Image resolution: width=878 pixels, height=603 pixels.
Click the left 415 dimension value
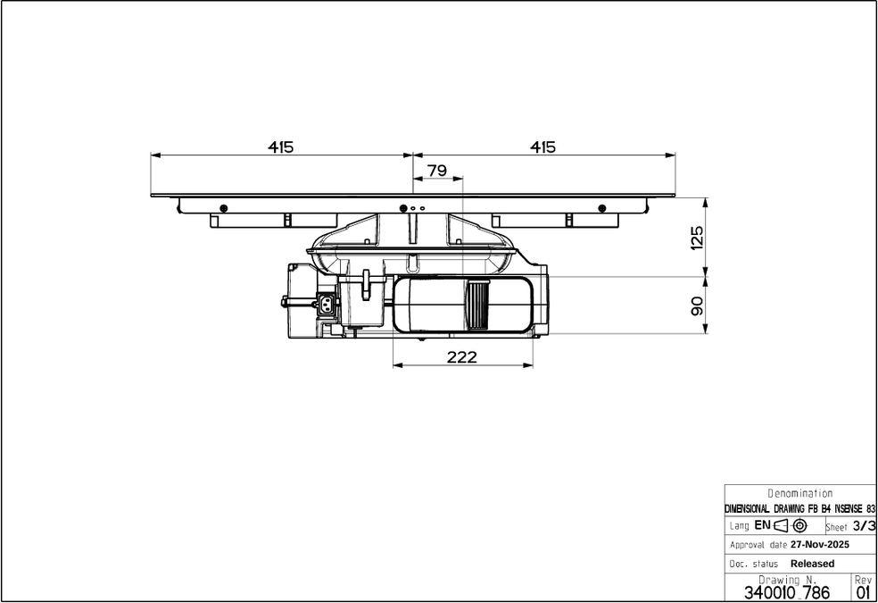(280, 147)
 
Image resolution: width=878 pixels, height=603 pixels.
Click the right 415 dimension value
(543, 147)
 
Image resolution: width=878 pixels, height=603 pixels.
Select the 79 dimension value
(436, 171)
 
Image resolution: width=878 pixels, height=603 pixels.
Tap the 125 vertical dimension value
(696, 238)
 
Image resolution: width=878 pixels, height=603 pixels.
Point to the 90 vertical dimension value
(696, 306)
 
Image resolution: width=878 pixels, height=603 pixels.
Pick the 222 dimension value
(462, 357)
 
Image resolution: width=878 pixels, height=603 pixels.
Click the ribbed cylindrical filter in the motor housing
(478, 305)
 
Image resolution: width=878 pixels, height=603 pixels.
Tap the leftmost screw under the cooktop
(223, 208)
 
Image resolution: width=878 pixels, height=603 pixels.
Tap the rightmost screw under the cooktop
(602, 208)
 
